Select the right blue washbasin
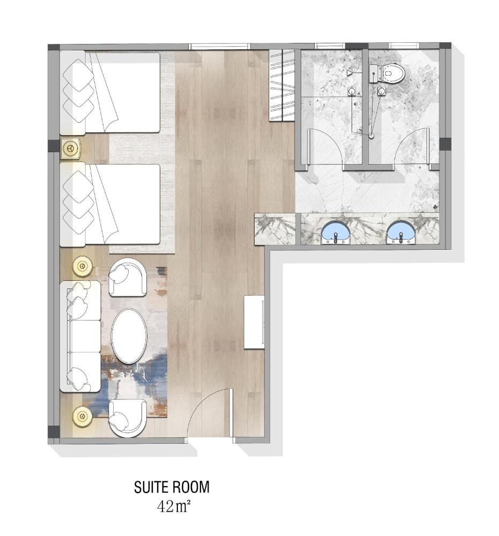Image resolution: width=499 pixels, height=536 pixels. point(400,233)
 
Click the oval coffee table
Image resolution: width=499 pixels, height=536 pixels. point(129,336)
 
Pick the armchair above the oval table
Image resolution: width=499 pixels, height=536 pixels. point(128,277)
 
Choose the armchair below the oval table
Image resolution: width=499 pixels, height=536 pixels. point(127,418)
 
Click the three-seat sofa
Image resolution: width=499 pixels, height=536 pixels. point(81,336)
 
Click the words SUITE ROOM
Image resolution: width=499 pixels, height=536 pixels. point(172,488)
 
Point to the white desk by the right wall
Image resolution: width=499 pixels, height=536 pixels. point(254,322)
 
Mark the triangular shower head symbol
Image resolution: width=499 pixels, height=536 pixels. point(350,72)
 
